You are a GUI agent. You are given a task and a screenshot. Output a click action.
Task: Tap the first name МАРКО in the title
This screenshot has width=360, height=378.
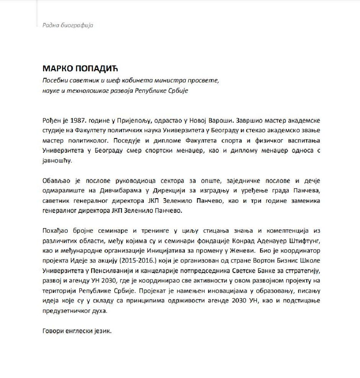pyautogui.click(x=57, y=69)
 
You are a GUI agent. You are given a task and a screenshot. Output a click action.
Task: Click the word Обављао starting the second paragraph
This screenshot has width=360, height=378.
pyautogui.click(x=55, y=181)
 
